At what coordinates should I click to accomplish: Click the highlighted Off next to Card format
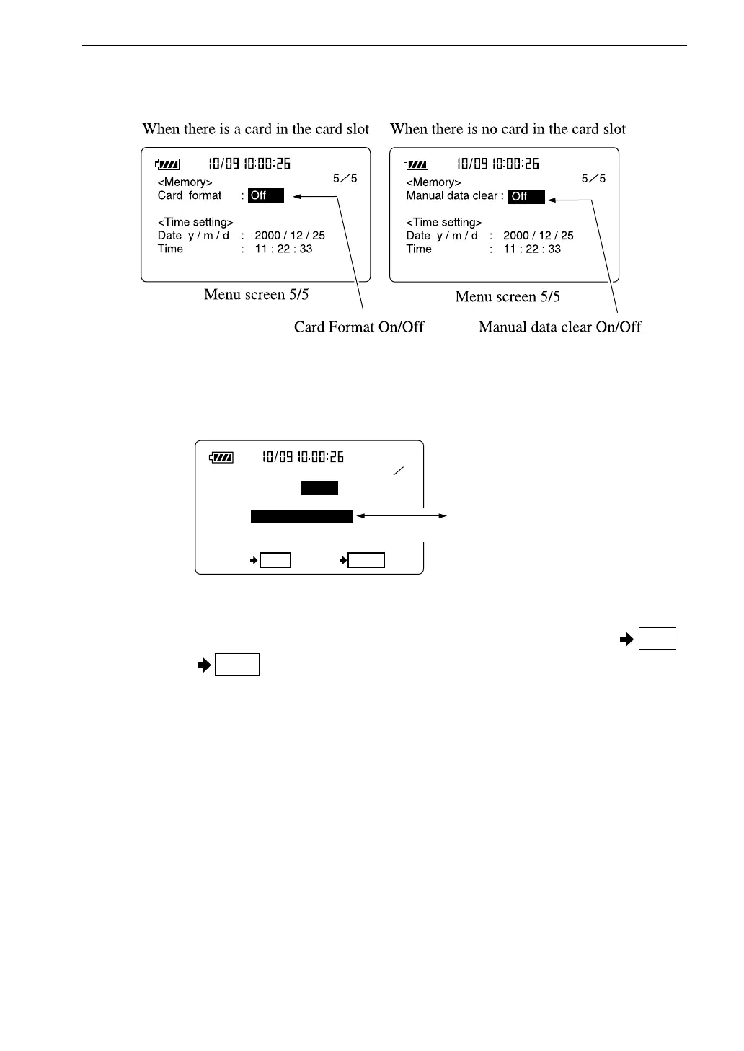coord(266,195)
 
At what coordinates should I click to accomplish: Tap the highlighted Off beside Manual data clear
coord(526,196)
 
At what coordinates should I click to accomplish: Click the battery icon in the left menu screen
coord(167,164)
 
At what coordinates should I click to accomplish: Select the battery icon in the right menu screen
coord(416,164)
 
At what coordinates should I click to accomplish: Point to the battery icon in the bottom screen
coord(221,457)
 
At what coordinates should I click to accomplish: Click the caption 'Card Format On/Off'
coord(358,327)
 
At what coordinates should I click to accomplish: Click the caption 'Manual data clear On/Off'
coord(559,327)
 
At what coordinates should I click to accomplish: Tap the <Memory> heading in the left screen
coord(185,182)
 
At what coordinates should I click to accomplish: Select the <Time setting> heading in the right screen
coord(444,222)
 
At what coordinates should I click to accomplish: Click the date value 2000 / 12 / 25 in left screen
coord(290,236)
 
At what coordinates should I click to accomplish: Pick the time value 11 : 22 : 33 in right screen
coord(532,249)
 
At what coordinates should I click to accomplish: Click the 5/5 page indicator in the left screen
coord(345,178)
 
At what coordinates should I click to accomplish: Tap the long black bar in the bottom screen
coord(301,516)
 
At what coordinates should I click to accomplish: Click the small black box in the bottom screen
coord(319,488)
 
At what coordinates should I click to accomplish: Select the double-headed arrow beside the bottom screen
coord(402,516)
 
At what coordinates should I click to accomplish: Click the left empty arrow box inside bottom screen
coord(275,560)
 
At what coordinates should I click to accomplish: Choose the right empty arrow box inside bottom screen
coord(366,560)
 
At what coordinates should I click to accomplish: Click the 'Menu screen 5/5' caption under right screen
coord(508,296)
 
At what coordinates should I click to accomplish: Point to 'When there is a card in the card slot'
coord(256,129)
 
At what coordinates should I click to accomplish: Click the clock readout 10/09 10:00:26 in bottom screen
coord(303,457)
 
